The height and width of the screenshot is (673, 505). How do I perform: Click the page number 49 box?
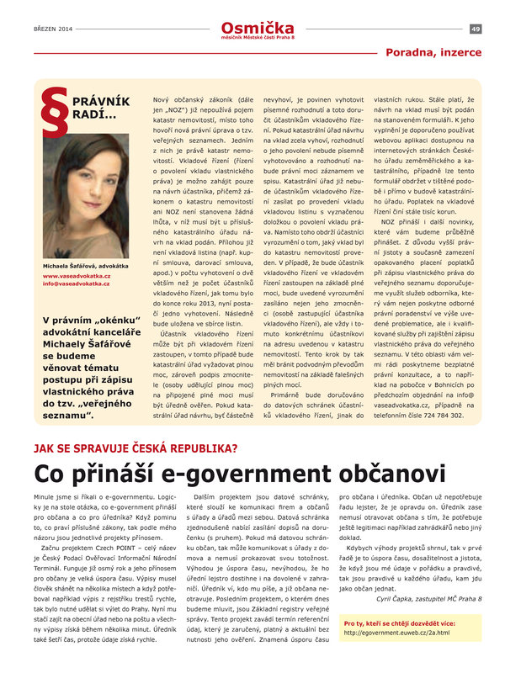476,29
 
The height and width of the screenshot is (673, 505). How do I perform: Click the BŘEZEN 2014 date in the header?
52,29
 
